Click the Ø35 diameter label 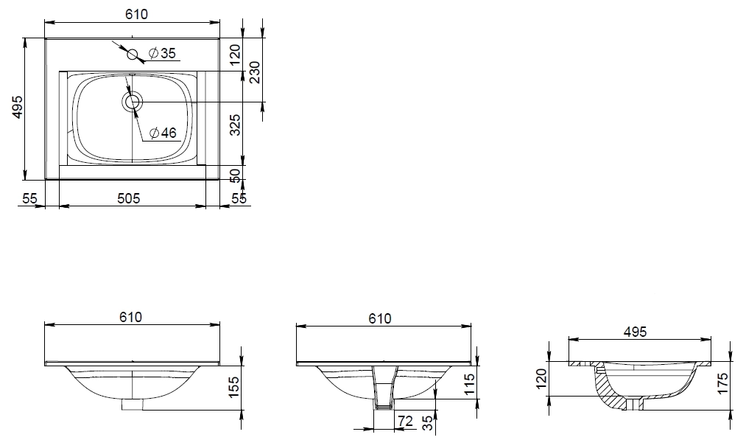[162, 53]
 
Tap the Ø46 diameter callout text [163, 133]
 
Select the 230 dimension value [255, 72]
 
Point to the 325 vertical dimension [235, 125]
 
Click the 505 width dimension [129, 198]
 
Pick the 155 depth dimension [233, 386]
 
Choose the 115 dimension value [468, 385]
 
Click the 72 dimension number [405, 421]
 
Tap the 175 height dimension [722, 383]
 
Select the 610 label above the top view [136, 14]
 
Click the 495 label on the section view [635, 332]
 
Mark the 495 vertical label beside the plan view [17, 107]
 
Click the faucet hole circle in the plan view [133, 54]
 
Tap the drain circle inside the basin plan [132, 102]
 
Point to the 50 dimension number [235, 175]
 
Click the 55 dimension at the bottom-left [29, 198]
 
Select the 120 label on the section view [542, 379]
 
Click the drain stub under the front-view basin [133, 405]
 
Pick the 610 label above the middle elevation [380, 318]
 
